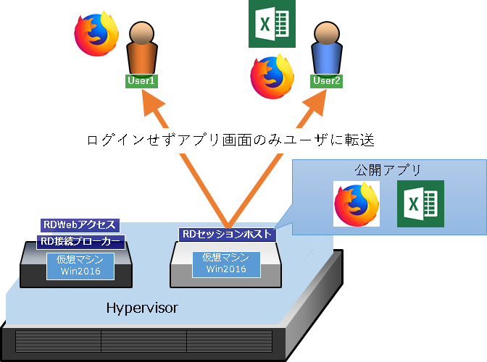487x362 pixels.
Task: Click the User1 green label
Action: pyautogui.click(x=141, y=81)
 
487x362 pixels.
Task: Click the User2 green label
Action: pyautogui.click(x=326, y=81)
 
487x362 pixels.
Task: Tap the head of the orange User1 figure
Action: pyautogui.click(x=141, y=33)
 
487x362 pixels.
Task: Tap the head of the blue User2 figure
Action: pyautogui.click(x=327, y=33)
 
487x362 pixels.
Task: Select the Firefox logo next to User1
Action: pyautogui.click(x=96, y=34)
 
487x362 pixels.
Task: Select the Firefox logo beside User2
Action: pyautogui.click(x=272, y=77)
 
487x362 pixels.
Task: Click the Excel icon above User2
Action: pyautogui.click(x=272, y=24)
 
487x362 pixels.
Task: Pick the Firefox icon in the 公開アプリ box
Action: pyautogui.click(x=357, y=203)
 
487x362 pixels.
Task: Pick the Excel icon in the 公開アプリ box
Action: pyautogui.click(x=420, y=203)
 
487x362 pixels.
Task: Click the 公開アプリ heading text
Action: pyautogui.click(x=388, y=170)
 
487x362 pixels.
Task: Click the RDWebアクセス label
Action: pyautogui.click(x=80, y=225)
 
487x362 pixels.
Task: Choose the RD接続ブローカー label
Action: pyautogui.click(x=80, y=242)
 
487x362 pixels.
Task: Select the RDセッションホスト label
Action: pyautogui.click(x=228, y=235)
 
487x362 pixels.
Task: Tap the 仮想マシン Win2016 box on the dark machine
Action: pyautogui.click(x=80, y=266)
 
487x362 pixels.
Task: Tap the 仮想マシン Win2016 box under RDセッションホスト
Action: pyautogui.click(x=226, y=264)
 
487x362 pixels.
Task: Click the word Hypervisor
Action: pyautogui.click(x=142, y=308)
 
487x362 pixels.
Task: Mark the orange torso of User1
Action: pyautogui.click(x=142, y=59)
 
